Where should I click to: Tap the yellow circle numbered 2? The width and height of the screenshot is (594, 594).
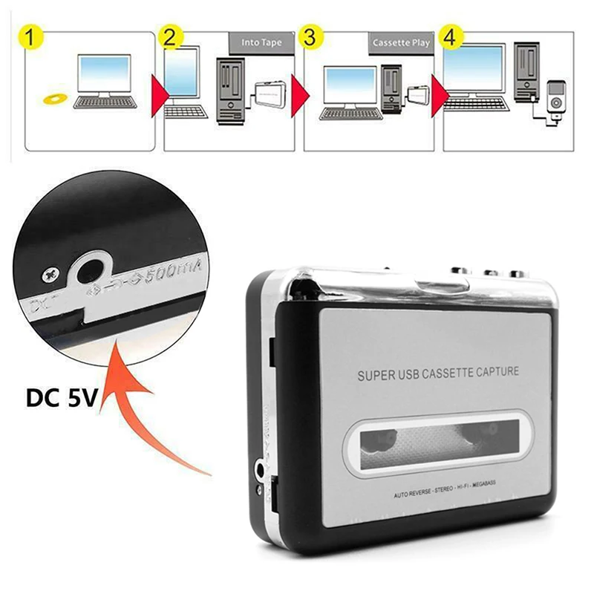(170, 38)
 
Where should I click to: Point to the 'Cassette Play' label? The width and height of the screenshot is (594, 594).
(401, 43)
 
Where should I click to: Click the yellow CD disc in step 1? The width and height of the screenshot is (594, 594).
(53, 98)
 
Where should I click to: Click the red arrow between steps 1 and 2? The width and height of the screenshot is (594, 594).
(158, 94)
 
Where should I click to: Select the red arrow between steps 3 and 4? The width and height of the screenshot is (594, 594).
(438, 94)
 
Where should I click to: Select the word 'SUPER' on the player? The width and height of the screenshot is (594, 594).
(376, 376)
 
